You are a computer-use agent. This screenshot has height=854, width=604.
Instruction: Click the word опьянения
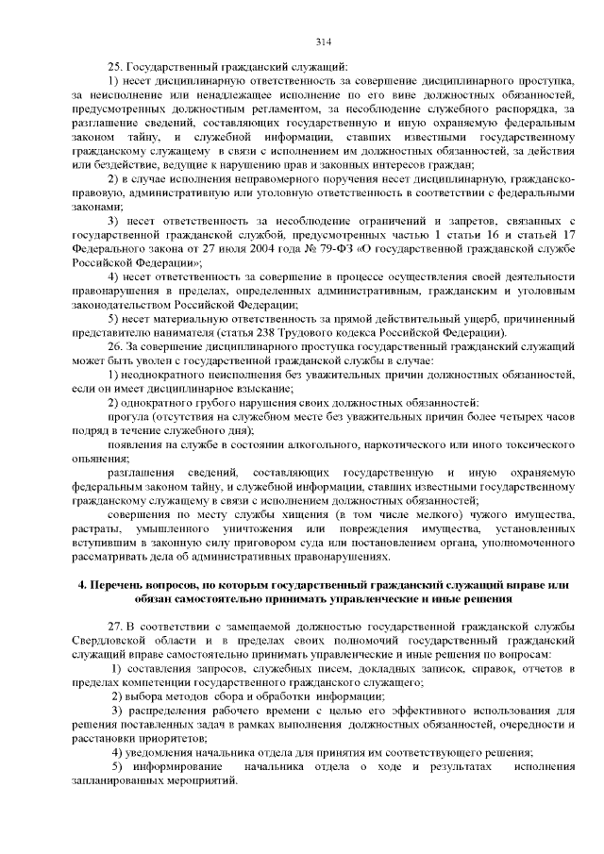(x=99, y=458)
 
